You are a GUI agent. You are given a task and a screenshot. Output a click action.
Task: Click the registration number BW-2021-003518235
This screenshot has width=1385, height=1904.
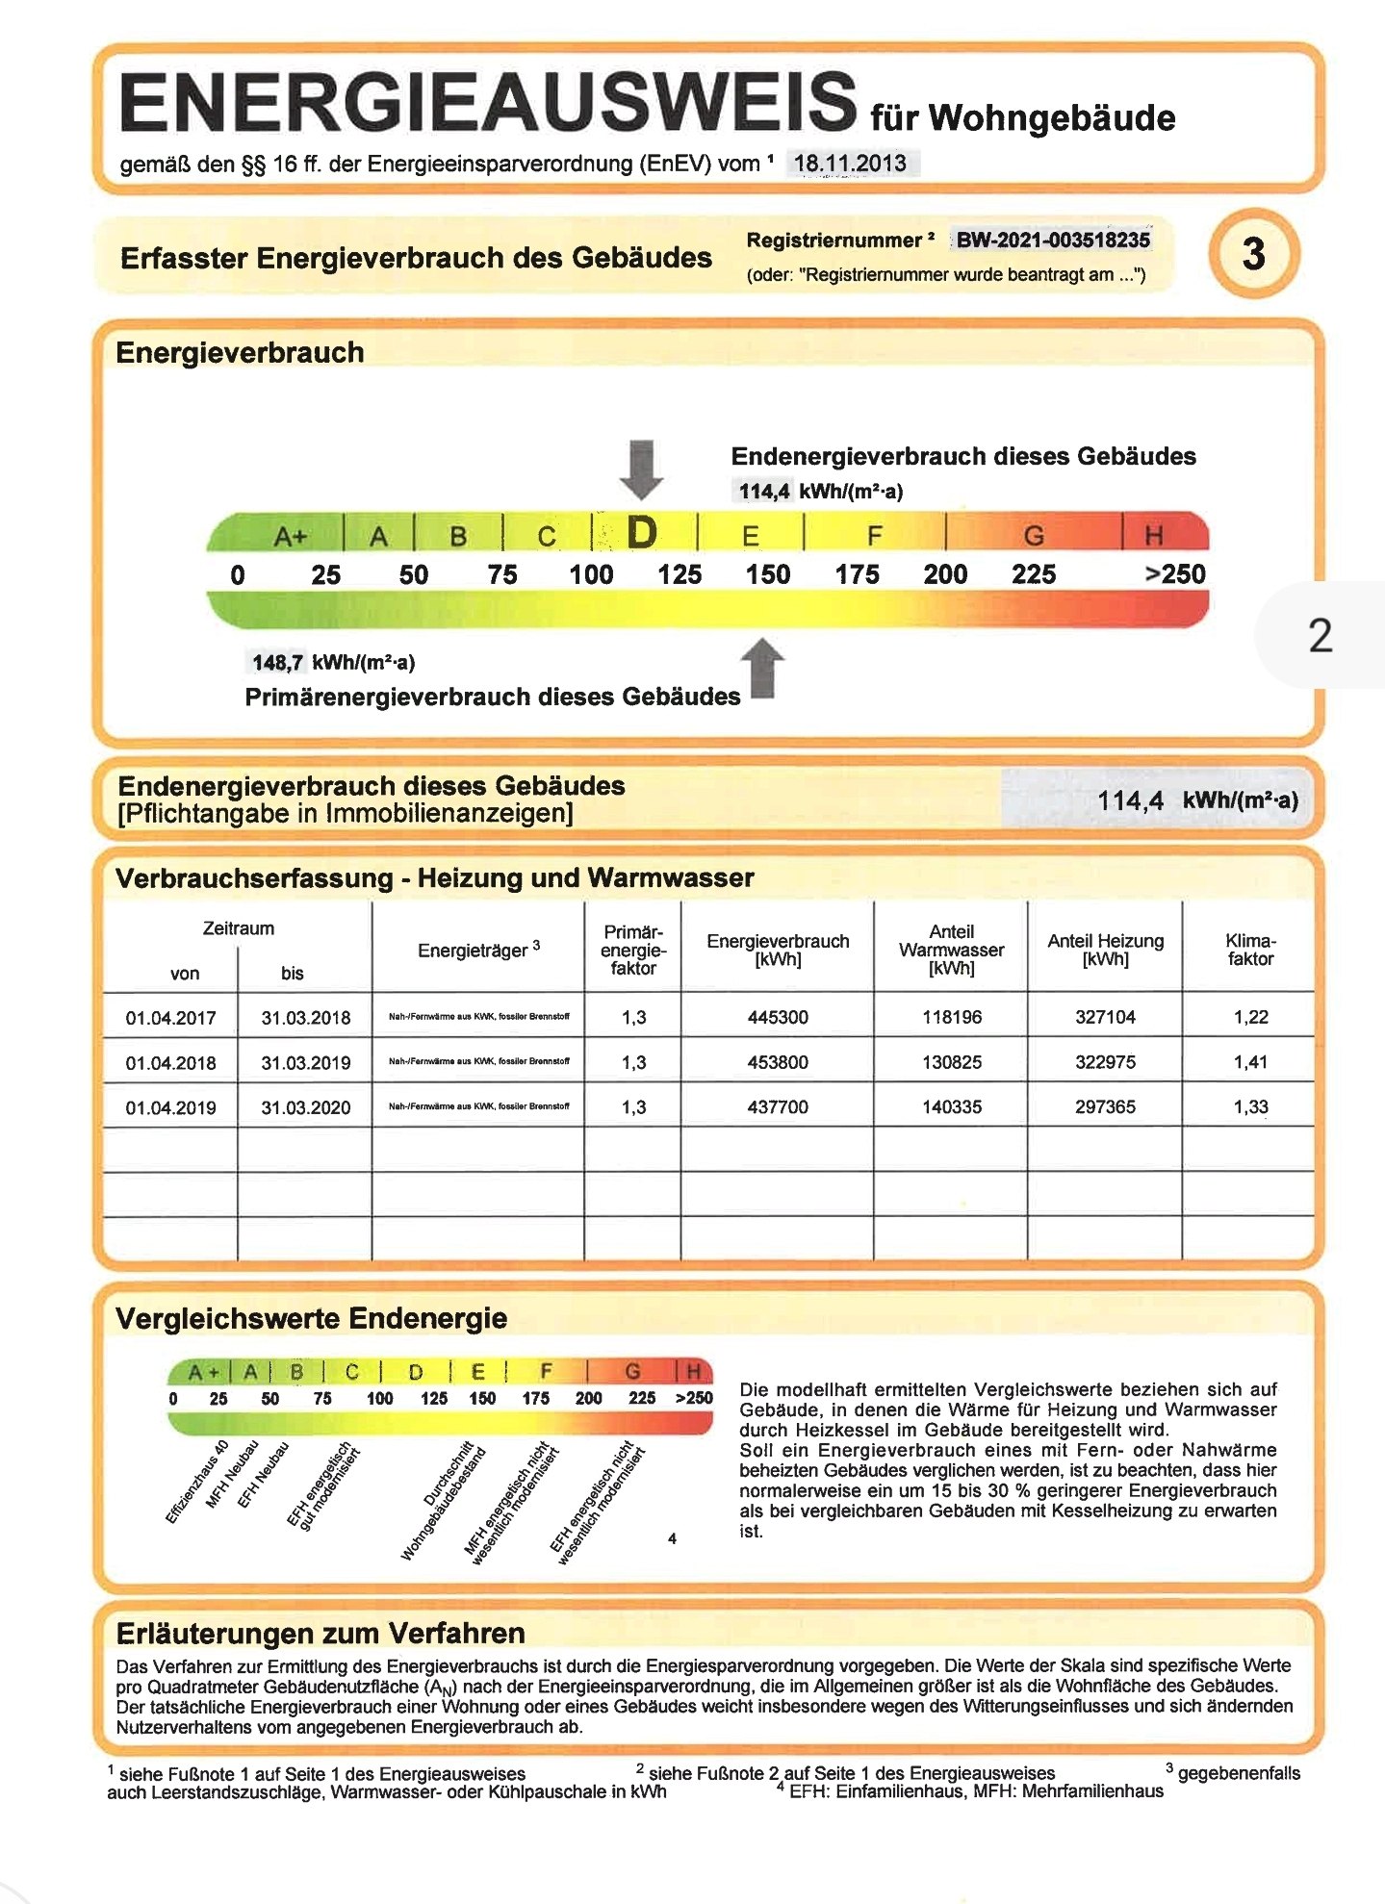coord(1052,240)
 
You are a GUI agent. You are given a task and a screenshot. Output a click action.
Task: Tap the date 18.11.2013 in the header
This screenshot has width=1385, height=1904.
coord(850,163)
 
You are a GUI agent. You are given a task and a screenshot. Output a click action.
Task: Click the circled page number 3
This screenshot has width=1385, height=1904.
coord(1253,254)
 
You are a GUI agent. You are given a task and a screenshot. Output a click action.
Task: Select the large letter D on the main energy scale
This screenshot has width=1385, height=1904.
coord(642,533)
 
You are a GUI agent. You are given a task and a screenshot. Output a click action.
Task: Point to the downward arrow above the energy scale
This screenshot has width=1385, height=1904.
coord(641,469)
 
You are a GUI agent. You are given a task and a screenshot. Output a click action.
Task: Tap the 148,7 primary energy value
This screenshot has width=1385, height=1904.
coord(277,662)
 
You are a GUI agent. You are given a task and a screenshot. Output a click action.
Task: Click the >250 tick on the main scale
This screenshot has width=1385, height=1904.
coord(1174,574)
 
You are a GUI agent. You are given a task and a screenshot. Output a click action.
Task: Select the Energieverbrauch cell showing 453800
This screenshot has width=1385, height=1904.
coord(778,1062)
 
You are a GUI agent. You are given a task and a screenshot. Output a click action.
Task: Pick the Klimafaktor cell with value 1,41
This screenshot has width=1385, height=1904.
coord(1250,1062)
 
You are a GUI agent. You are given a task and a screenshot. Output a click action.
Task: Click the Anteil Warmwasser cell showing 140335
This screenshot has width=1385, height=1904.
coord(952,1107)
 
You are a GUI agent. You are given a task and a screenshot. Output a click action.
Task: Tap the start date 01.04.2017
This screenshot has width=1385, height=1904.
coord(171,1018)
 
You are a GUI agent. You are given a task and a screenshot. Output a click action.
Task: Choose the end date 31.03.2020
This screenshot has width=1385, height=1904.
coord(306,1107)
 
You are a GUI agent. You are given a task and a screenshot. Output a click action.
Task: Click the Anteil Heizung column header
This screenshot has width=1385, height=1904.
coord(1105,950)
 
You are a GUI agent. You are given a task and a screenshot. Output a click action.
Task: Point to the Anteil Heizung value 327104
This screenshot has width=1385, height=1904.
coord(1105,1017)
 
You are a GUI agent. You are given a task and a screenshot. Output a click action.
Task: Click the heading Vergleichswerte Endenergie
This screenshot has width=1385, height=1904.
coord(311,1318)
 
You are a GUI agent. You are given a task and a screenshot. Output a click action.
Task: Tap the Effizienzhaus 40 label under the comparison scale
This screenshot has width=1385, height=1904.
coord(196,1483)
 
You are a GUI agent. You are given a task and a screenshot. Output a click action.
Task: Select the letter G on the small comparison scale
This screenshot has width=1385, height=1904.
coord(632,1371)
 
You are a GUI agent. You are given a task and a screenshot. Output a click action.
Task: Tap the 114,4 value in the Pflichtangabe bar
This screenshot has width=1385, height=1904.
coord(1130,800)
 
